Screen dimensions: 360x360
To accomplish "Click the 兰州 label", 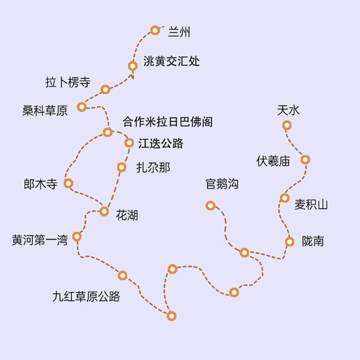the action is pyautogui.click(x=180, y=31).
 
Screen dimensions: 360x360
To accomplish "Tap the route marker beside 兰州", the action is pyautogui.click(x=155, y=30).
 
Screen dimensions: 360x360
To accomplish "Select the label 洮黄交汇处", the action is pyautogui.click(x=171, y=61).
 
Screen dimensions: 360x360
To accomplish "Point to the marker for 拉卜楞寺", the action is pyautogui.click(x=105, y=90).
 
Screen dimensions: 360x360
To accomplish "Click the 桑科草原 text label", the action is pyautogui.click(x=45, y=111).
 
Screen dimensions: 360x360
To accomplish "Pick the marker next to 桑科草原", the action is pyautogui.click(x=81, y=107).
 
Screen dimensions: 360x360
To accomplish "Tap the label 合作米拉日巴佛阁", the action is pyautogui.click(x=167, y=121).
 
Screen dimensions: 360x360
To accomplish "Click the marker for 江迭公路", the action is pyautogui.click(x=129, y=143).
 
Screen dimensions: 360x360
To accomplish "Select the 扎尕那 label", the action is pyautogui.click(x=153, y=168).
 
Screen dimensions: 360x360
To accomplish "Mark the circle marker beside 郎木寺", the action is pyautogui.click(x=68, y=183).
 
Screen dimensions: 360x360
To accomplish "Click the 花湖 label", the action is pyautogui.click(x=127, y=215).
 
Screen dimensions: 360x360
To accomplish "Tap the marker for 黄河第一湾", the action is pyautogui.click(x=77, y=236).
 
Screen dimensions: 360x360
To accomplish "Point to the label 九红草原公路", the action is pyautogui.click(x=86, y=296).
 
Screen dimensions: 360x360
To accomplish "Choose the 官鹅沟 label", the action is pyautogui.click(x=221, y=184).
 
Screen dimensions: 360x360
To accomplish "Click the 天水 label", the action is pyautogui.click(x=288, y=110).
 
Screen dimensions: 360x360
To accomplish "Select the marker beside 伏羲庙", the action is pyautogui.click(x=305, y=159).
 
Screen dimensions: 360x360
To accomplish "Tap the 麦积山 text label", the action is pyautogui.click(x=311, y=205).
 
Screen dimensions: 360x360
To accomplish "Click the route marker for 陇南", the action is pyautogui.click(x=290, y=242).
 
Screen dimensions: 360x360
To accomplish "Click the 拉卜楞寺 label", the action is pyautogui.click(x=68, y=82).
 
